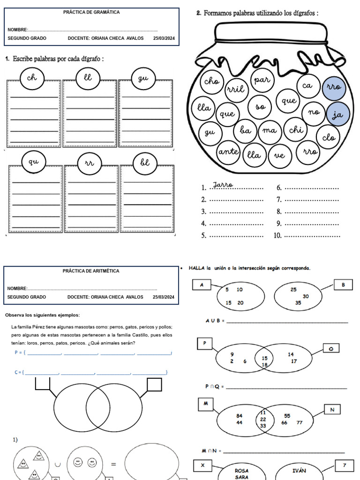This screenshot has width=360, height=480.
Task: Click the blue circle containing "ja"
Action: (x=337, y=114)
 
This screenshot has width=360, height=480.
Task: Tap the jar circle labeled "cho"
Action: (x=212, y=81)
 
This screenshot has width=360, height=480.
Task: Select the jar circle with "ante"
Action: (x=228, y=151)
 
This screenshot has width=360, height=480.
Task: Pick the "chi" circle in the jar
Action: (x=296, y=129)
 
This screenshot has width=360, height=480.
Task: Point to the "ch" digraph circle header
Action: (x=32, y=78)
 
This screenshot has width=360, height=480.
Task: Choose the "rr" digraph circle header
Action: (x=90, y=163)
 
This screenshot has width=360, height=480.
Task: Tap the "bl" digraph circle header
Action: (x=145, y=163)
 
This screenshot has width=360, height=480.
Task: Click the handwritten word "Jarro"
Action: (x=223, y=185)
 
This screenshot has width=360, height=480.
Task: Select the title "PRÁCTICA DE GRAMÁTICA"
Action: (x=91, y=12)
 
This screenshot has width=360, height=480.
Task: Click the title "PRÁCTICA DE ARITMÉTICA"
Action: (x=91, y=271)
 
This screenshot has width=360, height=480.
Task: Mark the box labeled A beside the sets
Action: (x=202, y=285)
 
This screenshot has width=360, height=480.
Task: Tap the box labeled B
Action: (x=343, y=285)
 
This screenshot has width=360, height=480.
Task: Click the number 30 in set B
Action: (x=306, y=296)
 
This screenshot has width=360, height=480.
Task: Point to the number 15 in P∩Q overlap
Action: (x=264, y=358)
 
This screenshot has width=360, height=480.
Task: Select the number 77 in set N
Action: (x=300, y=422)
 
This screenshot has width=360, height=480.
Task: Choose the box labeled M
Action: (x=206, y=404)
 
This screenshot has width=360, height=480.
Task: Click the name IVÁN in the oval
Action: (x=299, y=471)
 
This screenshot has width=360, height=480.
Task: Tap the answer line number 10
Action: (x=307, y=236)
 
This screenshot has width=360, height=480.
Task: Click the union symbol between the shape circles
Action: (x=58, y=465)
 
